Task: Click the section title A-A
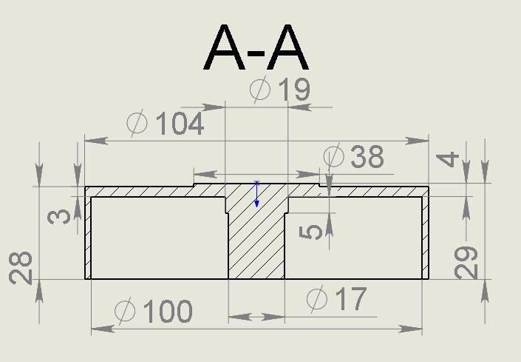[256, 47]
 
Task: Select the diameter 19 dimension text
[280, 89]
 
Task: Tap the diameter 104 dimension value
[165, 123]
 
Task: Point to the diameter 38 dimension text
[353, 155]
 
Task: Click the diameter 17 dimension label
[336, 299]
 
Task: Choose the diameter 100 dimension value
[153, 311]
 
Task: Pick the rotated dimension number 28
[21, 268]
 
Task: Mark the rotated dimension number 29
[466, 263]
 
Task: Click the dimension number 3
[59, 218]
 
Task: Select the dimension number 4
[447, 160]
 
